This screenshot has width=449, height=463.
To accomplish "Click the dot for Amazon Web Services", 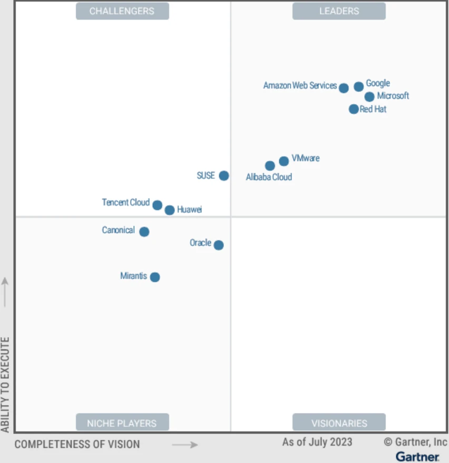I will pos(344,88).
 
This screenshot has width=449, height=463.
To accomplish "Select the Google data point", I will pos(359,86).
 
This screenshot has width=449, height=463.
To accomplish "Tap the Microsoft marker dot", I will pos(369,96).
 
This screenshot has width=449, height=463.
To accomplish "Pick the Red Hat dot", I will pos(354,109).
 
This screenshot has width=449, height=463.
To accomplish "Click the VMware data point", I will pos(284,161).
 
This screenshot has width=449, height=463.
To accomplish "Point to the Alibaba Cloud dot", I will pos(270,166).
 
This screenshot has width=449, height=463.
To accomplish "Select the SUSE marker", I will pos(224,175).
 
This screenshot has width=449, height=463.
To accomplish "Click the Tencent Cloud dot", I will pos(157,205).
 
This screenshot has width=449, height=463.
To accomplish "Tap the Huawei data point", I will pos(170,210).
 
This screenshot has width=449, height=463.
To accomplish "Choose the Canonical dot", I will pos(144,232).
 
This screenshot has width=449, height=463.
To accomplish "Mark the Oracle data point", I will pos(219,245).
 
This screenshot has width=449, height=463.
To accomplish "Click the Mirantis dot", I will pos(154,277).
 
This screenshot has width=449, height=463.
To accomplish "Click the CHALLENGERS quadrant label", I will pos(122,11).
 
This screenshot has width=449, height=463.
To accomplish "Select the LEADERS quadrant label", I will pos(339,11).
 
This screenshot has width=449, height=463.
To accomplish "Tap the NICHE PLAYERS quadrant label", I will pos(122,422).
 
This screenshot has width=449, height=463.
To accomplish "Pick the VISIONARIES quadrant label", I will pos(339,422).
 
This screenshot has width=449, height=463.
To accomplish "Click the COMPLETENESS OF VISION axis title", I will pos(77,444).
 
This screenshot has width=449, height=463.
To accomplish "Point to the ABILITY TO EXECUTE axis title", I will pos(5,385).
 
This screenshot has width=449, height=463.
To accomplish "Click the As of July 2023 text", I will pos(317,441).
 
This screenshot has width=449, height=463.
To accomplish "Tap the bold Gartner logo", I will pos(417,456).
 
